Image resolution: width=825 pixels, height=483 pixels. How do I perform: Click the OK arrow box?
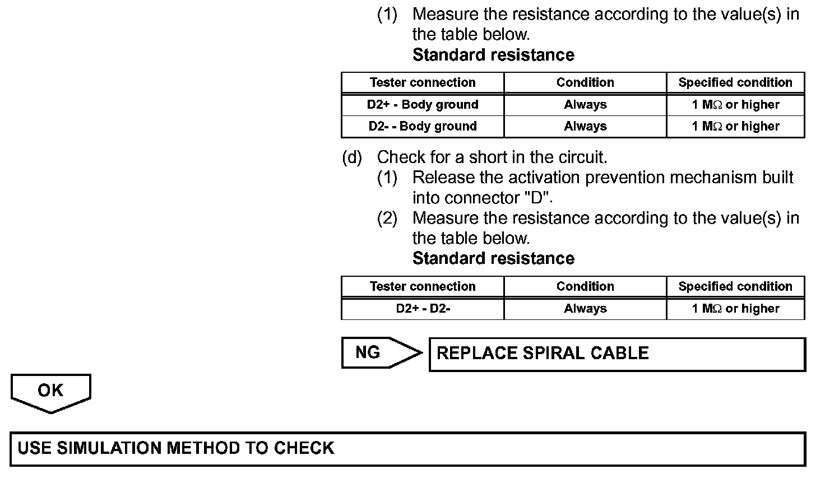coord(50,391)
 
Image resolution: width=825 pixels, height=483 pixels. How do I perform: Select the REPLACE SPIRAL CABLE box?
coord(617,354)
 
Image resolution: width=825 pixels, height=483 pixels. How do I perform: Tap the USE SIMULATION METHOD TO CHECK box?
coord(407,448)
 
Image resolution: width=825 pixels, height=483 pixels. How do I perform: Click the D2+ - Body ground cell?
coord(423,105)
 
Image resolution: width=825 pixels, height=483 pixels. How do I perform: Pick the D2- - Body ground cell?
coord(423,127)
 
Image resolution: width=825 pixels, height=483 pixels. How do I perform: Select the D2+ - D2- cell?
coord(423,309)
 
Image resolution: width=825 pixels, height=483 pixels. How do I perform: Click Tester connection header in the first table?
coord(423,83)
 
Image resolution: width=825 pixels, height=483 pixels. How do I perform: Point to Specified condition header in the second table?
coord(735,287)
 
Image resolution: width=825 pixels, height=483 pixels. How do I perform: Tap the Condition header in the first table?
coord(585,83)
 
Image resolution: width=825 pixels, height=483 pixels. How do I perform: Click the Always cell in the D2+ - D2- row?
coord(585,309)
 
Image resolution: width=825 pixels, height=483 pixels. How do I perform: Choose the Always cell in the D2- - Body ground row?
coord(585,127)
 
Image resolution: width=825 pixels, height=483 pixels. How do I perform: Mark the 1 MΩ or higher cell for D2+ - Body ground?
coord(735,105)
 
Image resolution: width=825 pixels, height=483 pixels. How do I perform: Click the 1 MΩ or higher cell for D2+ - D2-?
coord(735,309)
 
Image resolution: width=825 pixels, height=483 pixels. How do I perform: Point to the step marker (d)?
coord(352,157)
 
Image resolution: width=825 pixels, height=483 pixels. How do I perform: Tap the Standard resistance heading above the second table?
coord(493,258)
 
